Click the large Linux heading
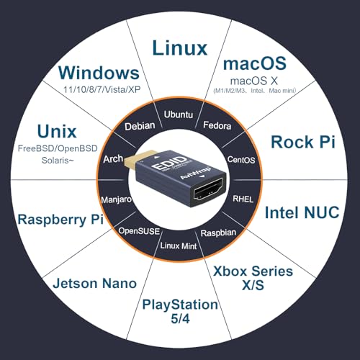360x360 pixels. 180,48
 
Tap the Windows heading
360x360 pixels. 99,73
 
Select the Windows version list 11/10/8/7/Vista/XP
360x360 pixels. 102,89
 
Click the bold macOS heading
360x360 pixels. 255,63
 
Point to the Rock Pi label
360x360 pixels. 303,142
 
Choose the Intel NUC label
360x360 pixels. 302,212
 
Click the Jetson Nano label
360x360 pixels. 95,283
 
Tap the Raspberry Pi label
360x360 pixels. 60,220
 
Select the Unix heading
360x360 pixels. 57,132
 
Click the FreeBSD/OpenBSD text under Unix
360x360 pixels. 58,148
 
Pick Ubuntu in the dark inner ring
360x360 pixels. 179,114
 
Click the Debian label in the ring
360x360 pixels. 140,126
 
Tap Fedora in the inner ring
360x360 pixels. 217,125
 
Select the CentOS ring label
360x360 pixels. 241,160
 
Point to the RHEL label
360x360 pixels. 243,199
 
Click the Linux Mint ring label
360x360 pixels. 179,246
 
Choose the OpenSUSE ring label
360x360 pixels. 139,231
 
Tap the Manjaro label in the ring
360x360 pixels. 117,199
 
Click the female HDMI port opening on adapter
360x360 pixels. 210,190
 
